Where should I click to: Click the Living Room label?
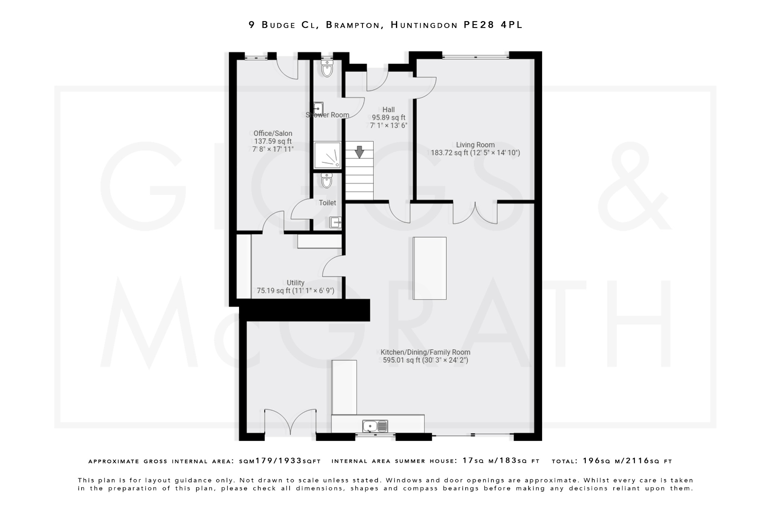pyautogui.click(x=475, y=145)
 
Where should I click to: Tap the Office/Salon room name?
pyautogui.click(x=273, y=133)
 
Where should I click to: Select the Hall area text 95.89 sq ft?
pyautogui.click(x=389, y=117)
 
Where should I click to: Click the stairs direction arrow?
pyautogui.click(x=360, y=152)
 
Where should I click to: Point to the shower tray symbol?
pyautogui.click(x=328, y=155)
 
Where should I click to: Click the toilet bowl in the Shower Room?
pyautogui.click(x=327, y=69)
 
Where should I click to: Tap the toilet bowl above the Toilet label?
pyautogui.click(x=327, y=181)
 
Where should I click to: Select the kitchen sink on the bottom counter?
pyautogui.click(x=375, y=426)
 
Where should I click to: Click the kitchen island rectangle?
pyautogui.click(x=430, y=268)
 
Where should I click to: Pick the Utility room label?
pyautogui.click(x=296, y=283)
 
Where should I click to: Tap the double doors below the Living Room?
pyautogui.click(x=475, y=214)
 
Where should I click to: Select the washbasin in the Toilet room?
pyautogui.click(x=335, y=223)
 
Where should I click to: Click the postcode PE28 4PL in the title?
pyautogui.click(x=493, y=25)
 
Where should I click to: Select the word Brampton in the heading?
pyautogui.click(x=353, y=25)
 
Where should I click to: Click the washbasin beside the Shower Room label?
pyautogui.click(x=318, y=108)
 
